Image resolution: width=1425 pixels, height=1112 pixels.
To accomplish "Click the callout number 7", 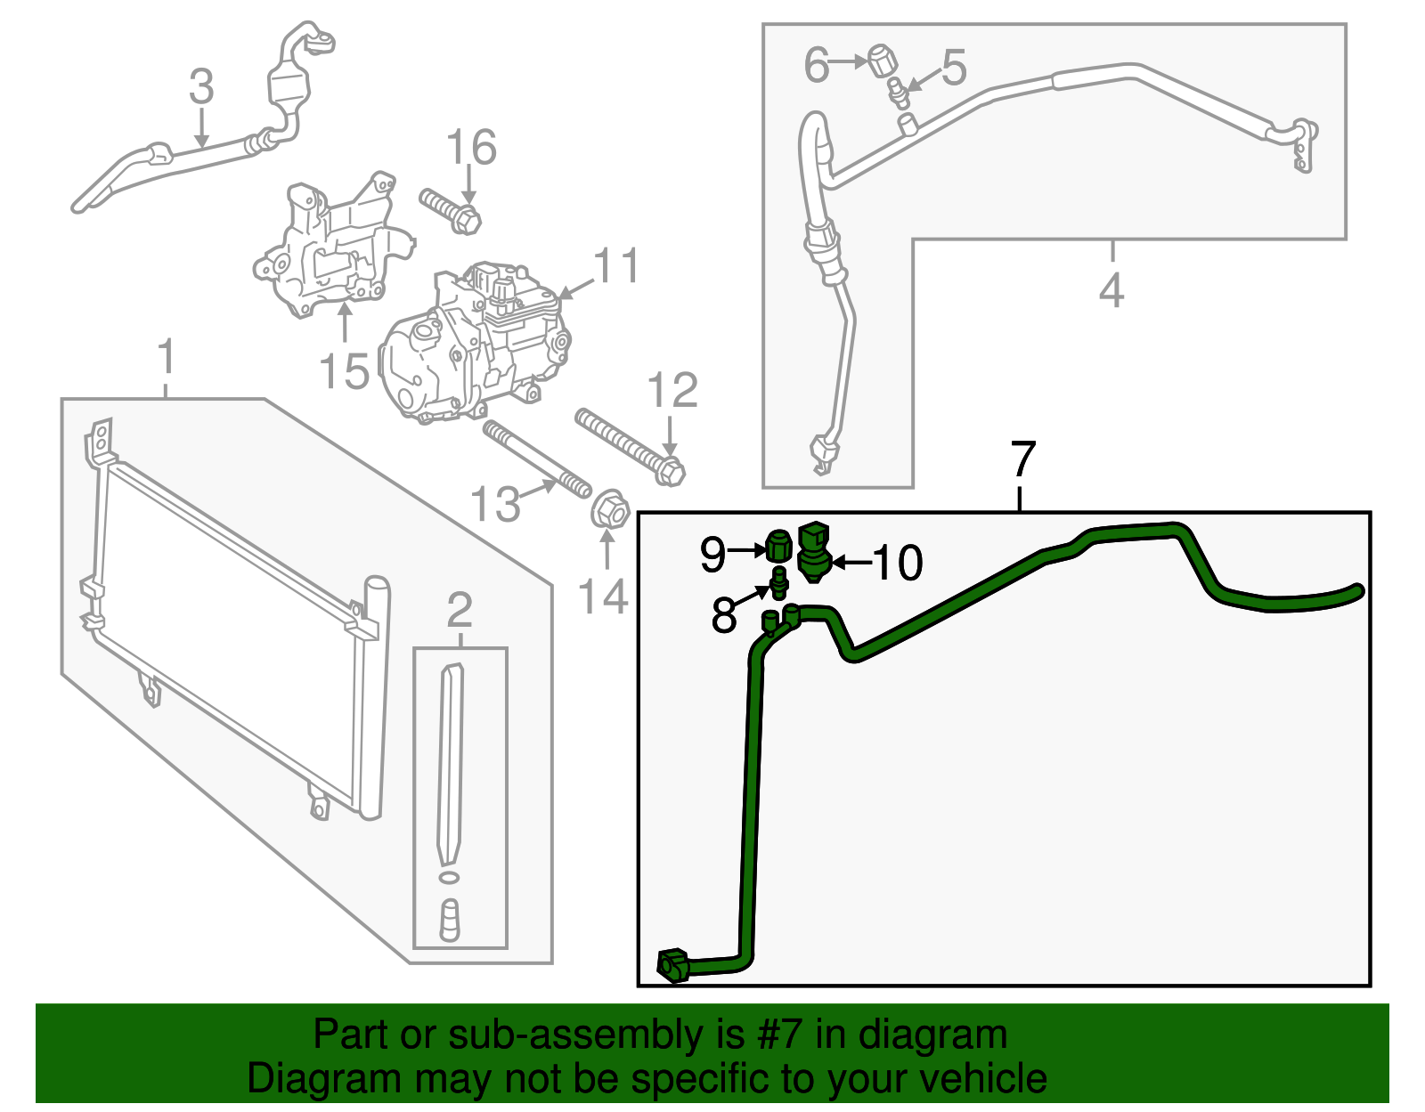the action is [x=1022, y=459].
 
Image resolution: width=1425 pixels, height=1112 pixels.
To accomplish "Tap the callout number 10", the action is [x=898, y=563].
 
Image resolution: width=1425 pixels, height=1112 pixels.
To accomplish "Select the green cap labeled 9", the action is [x=778, y=545].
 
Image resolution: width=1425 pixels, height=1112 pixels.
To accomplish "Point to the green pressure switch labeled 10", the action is [x=814, y=551].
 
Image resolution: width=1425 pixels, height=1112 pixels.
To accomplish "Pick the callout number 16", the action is [x=471, y=148].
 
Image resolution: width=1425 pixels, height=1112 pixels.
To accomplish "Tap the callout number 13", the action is [x=495, y=505].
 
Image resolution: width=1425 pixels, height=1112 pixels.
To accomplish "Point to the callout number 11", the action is [x=616, y=266].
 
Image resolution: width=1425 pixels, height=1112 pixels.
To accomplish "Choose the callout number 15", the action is [x=344, y=371].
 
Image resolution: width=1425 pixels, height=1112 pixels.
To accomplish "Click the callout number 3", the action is [x=202, y=87].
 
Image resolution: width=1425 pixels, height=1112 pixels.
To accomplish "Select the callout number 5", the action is [x=953, y=67].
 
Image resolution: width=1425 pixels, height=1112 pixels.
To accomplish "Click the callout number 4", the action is [x=1111, y=290].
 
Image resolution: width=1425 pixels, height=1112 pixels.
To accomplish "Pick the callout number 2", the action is [x=460, y=611].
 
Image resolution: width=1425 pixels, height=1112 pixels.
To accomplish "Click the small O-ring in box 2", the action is [x=451, y=878].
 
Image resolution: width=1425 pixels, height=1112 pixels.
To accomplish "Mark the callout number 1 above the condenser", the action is [x=167, y=358].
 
